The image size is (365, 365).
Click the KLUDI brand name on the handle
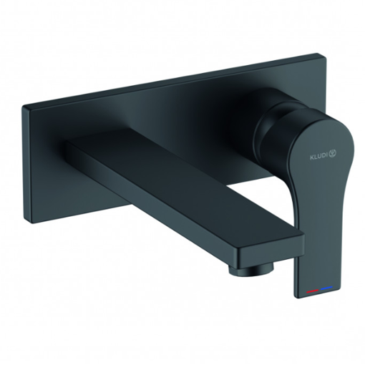[x=318, y=157]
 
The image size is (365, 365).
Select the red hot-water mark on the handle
[x=313, y=291]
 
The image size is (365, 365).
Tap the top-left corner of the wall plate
[x=23, y=107]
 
